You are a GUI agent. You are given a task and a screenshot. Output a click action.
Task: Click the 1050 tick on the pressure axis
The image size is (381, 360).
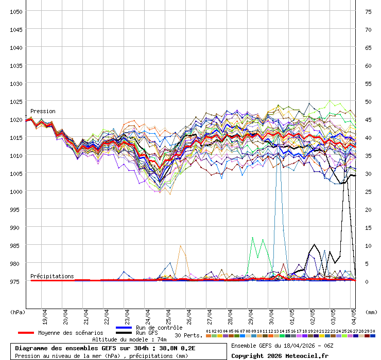point(16,11)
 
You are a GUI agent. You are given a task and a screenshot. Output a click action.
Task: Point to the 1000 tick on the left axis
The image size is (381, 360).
point(16,191)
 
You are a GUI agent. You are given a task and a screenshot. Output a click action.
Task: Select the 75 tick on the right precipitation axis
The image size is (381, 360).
point(368,11)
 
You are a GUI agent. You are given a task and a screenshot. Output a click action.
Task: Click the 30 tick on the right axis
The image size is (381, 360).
point(368,173)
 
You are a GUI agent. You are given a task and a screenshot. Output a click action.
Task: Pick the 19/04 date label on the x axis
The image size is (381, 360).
point(45,314)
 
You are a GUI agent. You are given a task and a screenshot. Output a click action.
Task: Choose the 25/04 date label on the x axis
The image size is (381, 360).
point(169,314)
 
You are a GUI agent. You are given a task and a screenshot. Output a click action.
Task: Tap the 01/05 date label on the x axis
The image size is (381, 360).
point(292,314)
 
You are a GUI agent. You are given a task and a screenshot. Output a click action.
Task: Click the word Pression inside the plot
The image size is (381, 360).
point(43,111)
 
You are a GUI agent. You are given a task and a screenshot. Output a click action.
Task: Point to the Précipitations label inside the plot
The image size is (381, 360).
point(52,276)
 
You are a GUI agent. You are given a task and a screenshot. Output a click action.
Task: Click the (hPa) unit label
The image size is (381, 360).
point(18,312)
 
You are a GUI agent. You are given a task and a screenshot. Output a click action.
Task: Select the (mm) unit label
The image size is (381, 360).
point(371,312)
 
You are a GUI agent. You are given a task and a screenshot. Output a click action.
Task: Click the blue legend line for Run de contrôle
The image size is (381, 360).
point(124,328)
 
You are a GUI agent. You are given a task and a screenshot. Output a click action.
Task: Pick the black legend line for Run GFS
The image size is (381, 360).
point(124,333)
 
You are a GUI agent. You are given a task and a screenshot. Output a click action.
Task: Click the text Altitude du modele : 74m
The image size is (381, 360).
point(129,339)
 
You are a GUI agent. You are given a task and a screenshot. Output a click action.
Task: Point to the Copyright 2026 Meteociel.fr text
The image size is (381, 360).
point(280,355)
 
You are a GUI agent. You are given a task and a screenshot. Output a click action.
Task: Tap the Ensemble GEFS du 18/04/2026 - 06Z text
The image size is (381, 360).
point(282,345)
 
